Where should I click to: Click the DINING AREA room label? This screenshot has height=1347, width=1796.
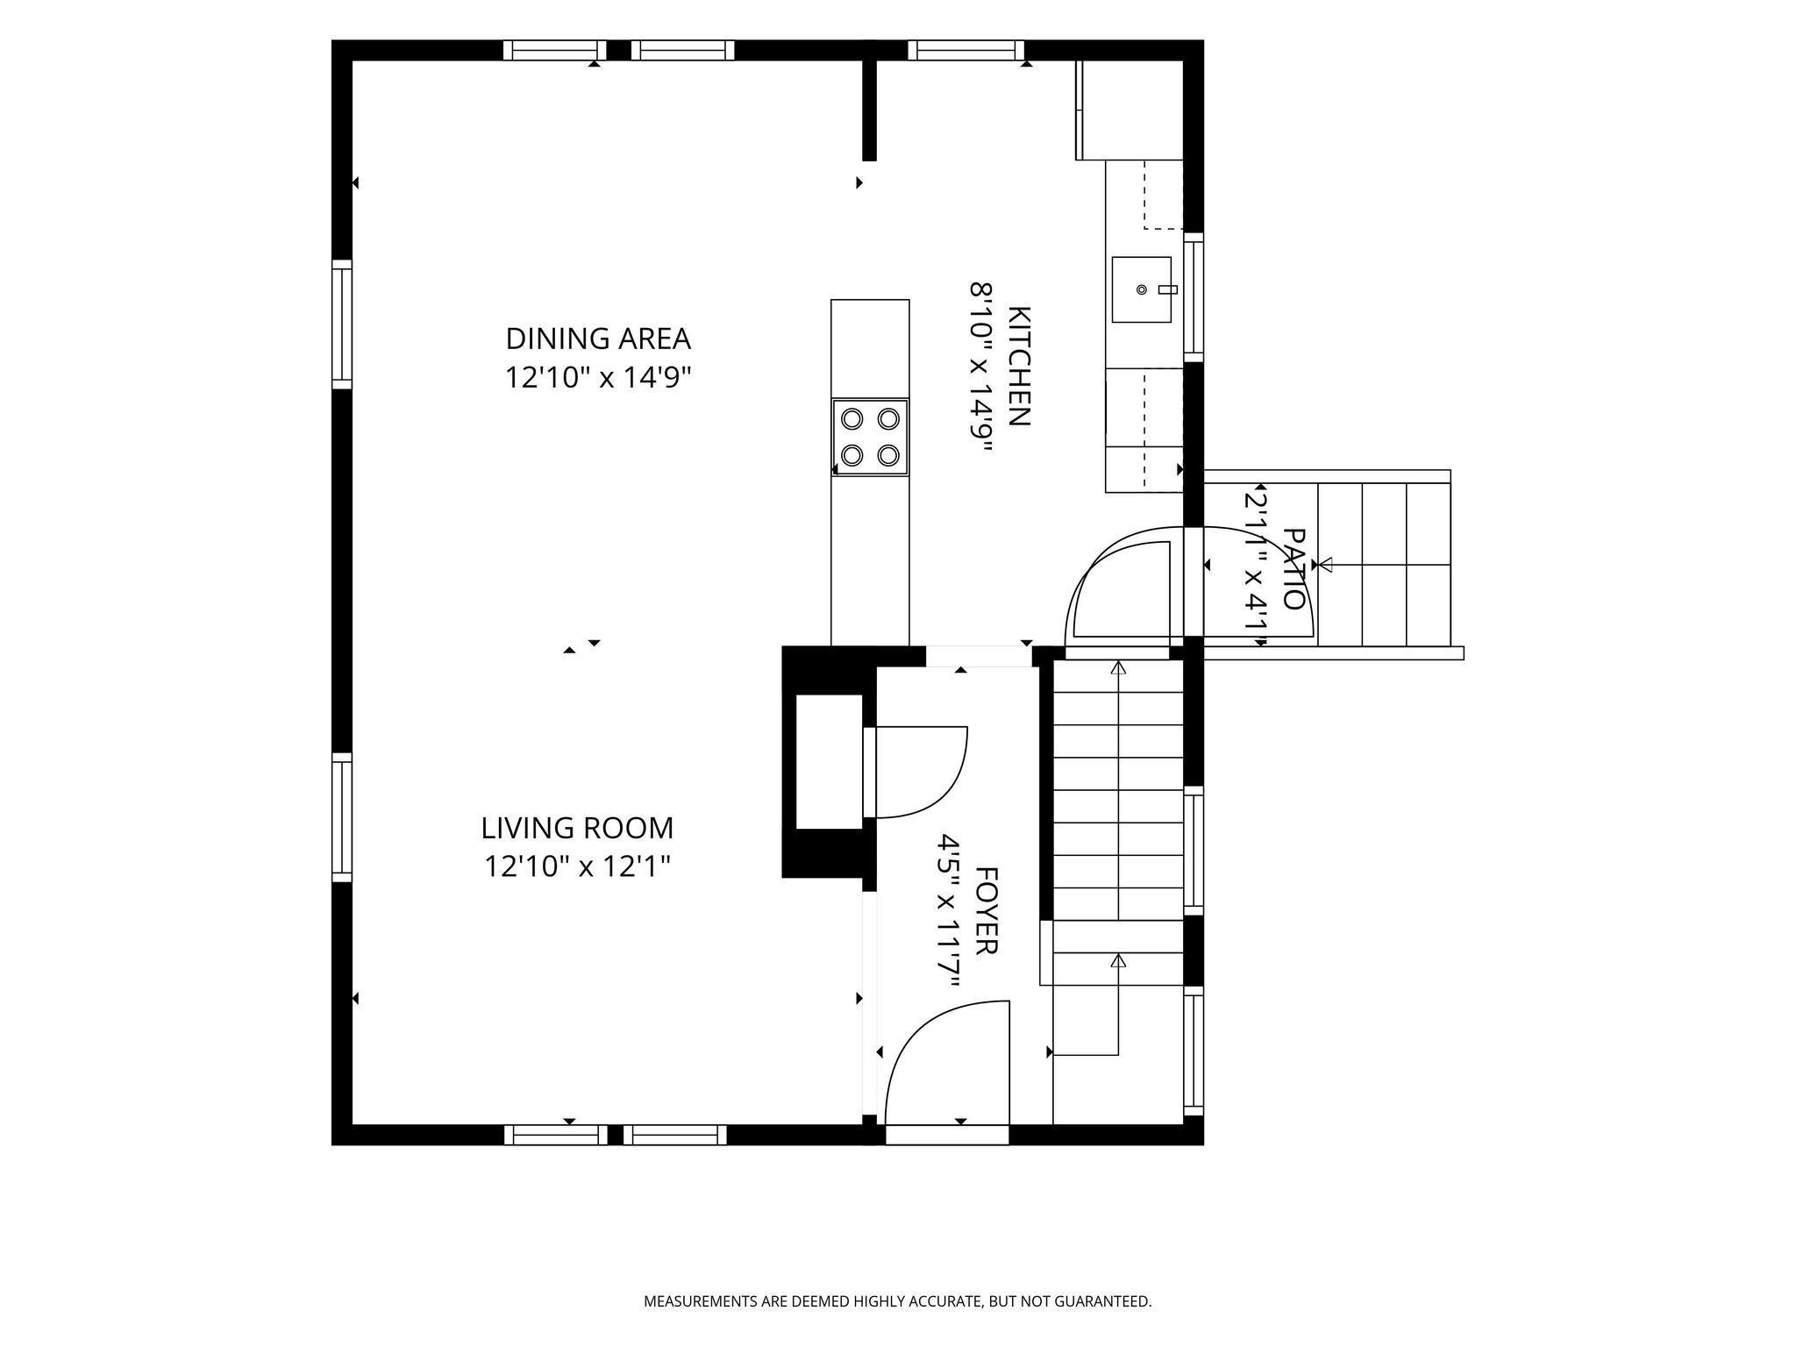tap(598, 339)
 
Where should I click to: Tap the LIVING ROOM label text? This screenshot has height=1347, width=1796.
tap(577, 828)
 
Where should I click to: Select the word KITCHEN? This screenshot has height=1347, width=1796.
tap(1018, 367)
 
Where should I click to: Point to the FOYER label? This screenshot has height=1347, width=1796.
tap(987, 911)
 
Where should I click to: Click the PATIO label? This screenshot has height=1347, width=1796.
tap(1294, 568)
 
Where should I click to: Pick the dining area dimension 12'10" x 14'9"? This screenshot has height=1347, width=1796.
tap(598, 377)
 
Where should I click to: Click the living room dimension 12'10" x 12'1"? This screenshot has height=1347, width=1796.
tap(577, 866)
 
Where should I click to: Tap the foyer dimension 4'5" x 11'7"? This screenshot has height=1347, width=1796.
tap(949, 911)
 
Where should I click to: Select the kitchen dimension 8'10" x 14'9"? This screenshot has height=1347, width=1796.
tap(980, 367)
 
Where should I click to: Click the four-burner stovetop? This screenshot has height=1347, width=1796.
tap(870, 438)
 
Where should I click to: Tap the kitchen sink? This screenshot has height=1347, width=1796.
tap(1142, 289)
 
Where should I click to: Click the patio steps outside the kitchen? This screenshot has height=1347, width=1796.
tap(1384, 564)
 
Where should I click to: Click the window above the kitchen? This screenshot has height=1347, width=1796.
tap(966, 50)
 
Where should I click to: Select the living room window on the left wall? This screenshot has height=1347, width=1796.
tap(341, 816)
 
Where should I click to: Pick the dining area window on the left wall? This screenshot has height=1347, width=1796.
tap(341, 324)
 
